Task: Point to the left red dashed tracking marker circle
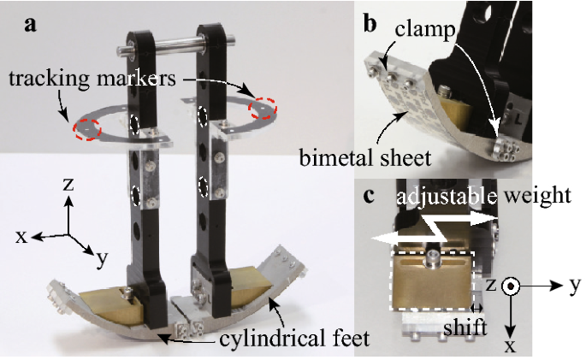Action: [x=86, y=128]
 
